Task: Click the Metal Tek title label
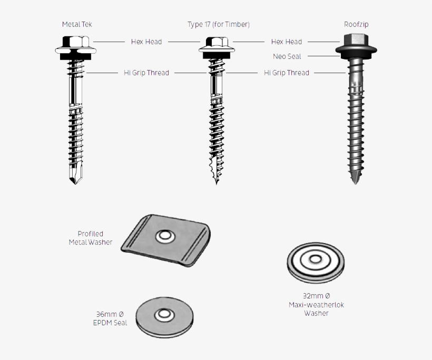click(x=77, y=24)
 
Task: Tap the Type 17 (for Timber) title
click(x=219, y=25)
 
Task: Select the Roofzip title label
click(x=356, y=24)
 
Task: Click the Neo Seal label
click(x=287, y=56)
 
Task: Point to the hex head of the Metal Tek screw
click(x=76, y=42)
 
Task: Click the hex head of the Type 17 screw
click(x=217, y=42)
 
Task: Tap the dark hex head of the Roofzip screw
click(x=356, y=40)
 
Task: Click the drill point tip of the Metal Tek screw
click(x=75, y=183)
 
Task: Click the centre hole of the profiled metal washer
click(x=165, y=236)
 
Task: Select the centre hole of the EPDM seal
click(x=164, y=314)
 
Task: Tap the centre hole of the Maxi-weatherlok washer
click(x=316, y=259)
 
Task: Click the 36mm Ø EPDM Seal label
click(x=110, y=318)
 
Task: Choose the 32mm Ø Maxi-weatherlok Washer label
click(x=316, y=304)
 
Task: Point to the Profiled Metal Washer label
click(x=91, y=238)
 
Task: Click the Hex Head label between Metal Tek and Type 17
click(x=146, y=42)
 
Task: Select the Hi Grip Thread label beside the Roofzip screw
click(x=287, y=73)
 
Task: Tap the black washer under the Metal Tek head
click(x=75, y=57)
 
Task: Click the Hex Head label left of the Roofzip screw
click(x=287, y=42)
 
